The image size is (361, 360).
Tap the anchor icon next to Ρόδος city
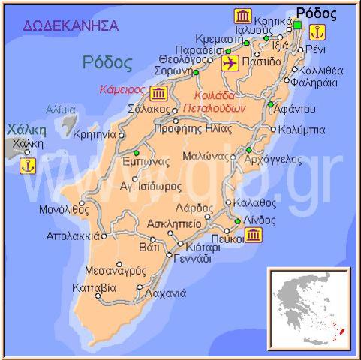tap(318, 32)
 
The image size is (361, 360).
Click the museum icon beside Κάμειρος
tap(158, 93)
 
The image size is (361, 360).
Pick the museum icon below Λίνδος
tap(254, 235)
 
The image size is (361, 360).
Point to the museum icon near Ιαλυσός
tap(242, 16)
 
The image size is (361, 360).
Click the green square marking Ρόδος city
tap(297, 26)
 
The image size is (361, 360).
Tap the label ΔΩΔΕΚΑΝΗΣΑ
tap(71, 26)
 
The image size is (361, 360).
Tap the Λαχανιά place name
tap(166, 293)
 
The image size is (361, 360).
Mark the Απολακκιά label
tap(71, 235)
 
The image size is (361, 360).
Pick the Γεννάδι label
tap(193, 259)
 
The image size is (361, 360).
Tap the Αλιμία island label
tap(60, 109)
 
